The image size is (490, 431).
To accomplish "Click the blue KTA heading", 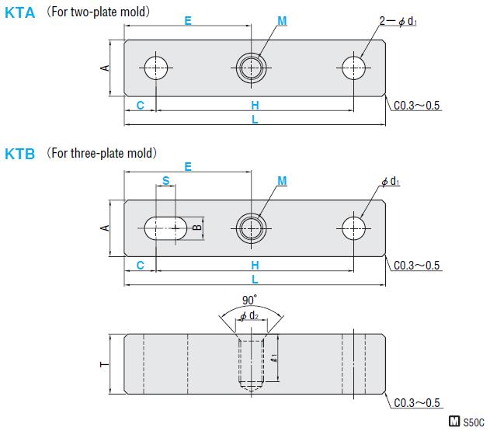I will [x=20, y=13].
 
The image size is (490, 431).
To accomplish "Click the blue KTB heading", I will [x=20, y=154].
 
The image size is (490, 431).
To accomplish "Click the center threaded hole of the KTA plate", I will [x=251, y=68].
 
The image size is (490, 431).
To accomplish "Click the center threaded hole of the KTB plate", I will [x=251, y=228].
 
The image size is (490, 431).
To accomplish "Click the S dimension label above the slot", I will [x=165, y=180].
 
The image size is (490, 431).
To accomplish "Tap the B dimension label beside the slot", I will [x=197, y=228].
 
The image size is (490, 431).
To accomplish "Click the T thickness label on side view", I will [x=105, y=363].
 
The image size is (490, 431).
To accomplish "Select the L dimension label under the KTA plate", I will [x=255, y=120].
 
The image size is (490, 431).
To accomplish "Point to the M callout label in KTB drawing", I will [x=282, y=181].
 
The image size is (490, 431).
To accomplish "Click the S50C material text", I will [x=473, y=422].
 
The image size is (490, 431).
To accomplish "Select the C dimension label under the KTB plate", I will [x=140, y=266].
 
